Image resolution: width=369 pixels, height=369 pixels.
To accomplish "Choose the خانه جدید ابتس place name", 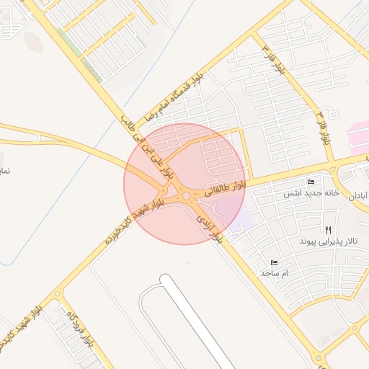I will click(x=311, y=192).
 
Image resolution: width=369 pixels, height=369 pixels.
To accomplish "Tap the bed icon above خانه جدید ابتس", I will click(x=311, y=181).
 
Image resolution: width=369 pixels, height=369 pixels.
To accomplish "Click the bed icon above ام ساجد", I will click(x=274, y=263).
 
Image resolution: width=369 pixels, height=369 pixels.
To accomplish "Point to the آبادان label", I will click(x=358, y=196).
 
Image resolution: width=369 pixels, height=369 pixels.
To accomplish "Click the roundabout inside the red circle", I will click(x=187, y=195).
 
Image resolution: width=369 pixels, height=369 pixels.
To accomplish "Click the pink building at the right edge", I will click(x=358, y=135).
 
